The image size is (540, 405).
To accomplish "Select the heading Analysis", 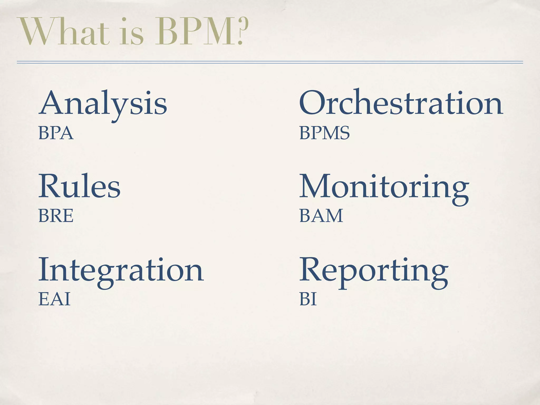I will [x=103, y=104].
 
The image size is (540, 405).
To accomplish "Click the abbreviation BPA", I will [x=56, y=133].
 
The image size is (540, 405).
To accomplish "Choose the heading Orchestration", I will [x=401, y=103].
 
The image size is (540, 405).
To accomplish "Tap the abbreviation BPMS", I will [x=324, y=133].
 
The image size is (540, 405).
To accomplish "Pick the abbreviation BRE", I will [x=56, y=216].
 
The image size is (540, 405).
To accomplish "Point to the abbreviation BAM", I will [x=321, y=216].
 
